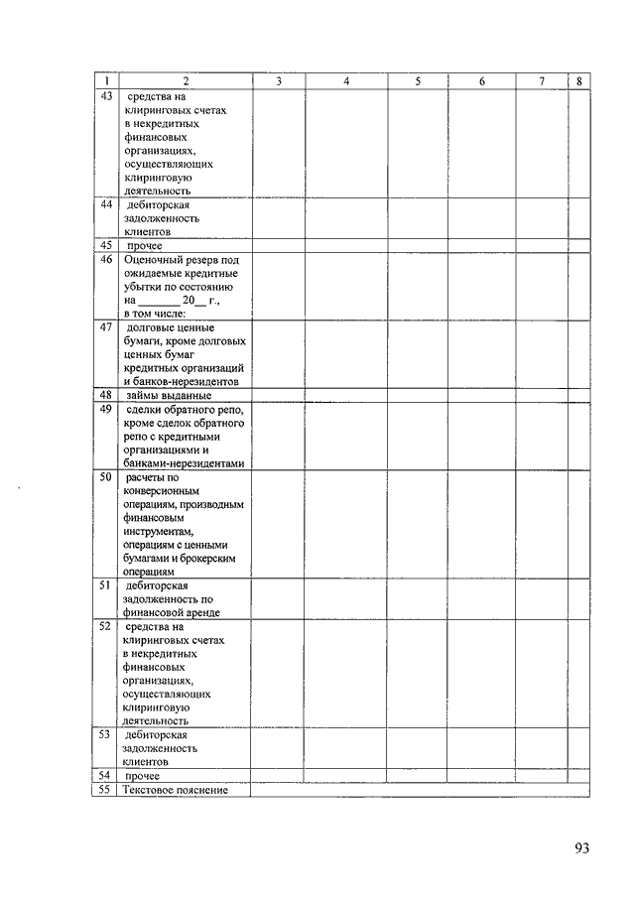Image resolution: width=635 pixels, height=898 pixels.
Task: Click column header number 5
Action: coord(418,81)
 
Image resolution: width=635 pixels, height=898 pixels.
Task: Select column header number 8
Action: coord(578,81)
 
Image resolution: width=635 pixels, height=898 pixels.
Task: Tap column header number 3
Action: coord(278,81)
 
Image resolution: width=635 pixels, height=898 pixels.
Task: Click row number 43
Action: coord(106,96)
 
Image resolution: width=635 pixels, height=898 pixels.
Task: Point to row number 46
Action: coord(106,259)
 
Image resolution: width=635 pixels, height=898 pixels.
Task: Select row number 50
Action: coord(106,476)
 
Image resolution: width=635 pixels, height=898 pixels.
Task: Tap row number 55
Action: coord(106,790)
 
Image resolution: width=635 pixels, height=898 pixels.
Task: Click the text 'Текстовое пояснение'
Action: coord(177,790)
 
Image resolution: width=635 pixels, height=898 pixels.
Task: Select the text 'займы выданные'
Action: coord(169,395)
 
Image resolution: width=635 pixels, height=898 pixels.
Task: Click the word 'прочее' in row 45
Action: coord(144,245)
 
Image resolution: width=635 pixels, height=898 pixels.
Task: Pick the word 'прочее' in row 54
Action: coord(144,776)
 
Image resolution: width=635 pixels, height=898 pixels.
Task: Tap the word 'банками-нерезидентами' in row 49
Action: coord(184,462)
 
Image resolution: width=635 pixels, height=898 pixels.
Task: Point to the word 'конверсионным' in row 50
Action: coord(162,490)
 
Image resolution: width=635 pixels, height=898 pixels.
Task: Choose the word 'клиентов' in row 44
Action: coord(147,231)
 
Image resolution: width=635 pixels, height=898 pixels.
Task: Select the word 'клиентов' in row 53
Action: coord(147,762)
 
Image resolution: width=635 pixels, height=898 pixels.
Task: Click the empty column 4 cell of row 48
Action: coord(345,395)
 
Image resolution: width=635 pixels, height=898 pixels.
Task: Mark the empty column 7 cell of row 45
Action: coord(541,245)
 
